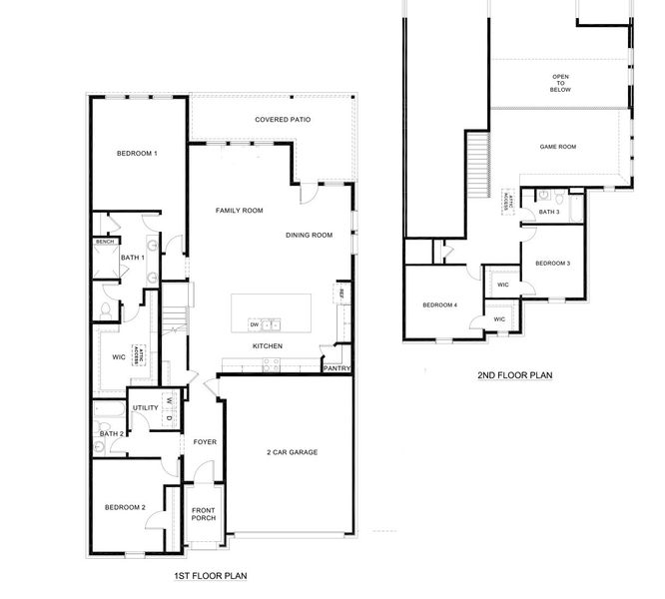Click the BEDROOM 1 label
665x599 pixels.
click(x=137, y=153)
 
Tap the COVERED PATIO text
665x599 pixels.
click(x=283, y=120)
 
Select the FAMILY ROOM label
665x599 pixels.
click(x=240, y=211)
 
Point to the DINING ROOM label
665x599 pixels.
click(x=309, y=235)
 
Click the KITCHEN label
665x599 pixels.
click(x=267, y=345)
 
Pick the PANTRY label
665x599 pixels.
click(x=336, y=368)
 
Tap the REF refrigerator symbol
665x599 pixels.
click(x=340, y=294)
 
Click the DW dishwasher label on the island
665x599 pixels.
click(x=255, y=324)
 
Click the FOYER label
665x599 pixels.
click(x=205, y=441)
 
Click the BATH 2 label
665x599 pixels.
click(x=111, y=433)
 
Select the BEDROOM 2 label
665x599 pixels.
click(x=126, y=508)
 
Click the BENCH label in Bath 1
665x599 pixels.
click(x=104, y=242)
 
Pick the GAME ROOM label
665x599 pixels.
click(x=558, y=147)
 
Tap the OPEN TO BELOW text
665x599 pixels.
click(x=560, y=82)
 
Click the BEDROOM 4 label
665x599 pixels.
click(x=439, y=304)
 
